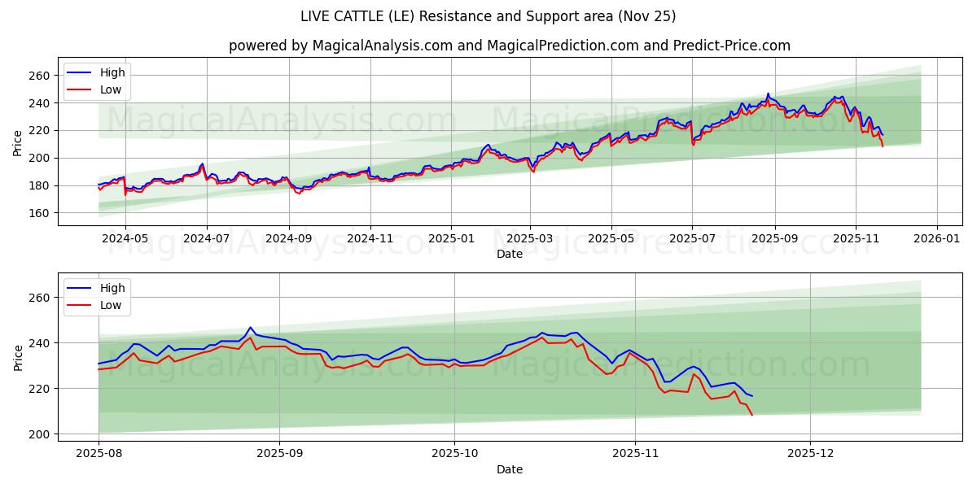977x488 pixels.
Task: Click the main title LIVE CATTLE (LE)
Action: click(x=488, y=16)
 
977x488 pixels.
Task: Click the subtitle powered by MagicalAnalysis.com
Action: click(x=509, y=46)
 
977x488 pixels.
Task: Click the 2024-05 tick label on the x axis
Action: click(x=125, y=239)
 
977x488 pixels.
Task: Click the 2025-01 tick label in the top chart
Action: click(x=450, y=239)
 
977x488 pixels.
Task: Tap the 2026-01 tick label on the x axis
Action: click(x=937, y=239)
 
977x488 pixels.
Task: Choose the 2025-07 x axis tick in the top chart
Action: click(x=692, y=239)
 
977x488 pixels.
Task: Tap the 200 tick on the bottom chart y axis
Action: click(x=40, y=434)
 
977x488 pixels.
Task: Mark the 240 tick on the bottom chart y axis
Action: click(x=40, y=343)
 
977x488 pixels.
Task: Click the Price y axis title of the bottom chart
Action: click(x=18, y=357)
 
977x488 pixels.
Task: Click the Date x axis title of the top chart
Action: click(x=510, y=254)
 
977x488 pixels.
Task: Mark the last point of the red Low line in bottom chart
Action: click(x=751, y=416)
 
